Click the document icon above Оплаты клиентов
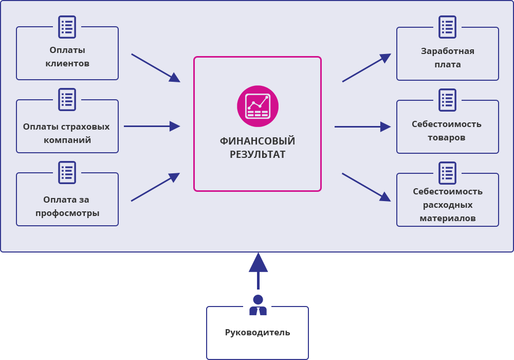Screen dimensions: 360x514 67,27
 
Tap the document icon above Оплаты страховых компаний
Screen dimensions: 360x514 67,99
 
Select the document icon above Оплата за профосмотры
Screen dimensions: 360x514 67,172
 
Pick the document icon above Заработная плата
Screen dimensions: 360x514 447,27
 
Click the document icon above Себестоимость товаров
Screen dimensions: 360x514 447,100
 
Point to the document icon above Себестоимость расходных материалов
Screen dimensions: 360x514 447,173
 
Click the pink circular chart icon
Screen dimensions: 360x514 258,106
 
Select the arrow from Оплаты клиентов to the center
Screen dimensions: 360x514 155,67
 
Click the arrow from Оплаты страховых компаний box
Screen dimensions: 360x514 152,126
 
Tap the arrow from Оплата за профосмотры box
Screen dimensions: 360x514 155,187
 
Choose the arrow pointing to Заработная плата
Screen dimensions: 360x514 366,68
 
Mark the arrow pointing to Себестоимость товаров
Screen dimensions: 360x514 362,127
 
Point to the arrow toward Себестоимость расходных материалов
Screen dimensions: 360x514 366,187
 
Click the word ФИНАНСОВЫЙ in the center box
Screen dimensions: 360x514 258,141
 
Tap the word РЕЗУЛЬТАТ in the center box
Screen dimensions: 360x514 258,154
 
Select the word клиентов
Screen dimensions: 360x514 67,63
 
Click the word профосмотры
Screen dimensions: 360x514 67,213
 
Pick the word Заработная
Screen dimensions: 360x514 448,51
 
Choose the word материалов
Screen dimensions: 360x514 448,218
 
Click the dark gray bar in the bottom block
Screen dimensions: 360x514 258,333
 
